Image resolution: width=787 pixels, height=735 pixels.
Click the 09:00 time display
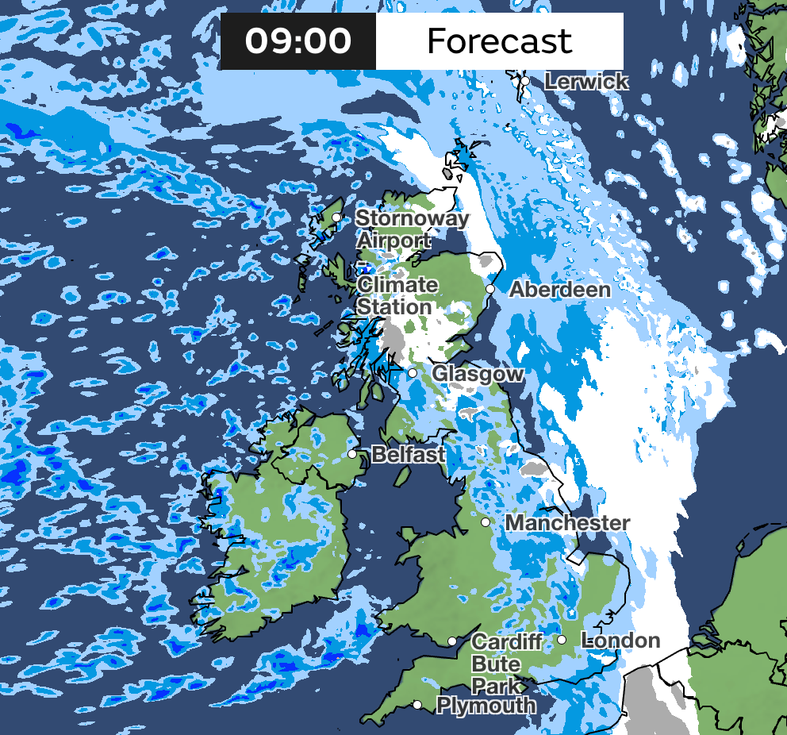298,40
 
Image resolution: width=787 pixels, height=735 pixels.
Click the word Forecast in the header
499,40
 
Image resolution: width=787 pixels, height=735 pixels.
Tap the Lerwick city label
587,81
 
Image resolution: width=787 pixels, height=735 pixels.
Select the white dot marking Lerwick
524,81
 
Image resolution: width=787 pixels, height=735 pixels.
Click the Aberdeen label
559,289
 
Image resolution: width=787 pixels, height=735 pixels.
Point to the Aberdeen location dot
490,289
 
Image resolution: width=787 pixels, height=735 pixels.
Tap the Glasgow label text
477,373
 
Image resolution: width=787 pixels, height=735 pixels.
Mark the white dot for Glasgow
413,373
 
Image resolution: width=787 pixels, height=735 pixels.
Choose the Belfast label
408,454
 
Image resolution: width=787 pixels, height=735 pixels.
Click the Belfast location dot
352,454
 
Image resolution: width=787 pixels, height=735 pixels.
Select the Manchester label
567,523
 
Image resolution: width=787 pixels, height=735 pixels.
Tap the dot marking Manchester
486,522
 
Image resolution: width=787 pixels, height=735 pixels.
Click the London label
620,640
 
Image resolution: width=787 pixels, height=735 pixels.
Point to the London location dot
561,640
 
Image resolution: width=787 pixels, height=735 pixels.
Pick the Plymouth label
486,705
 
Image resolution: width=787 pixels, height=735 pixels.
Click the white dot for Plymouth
417,705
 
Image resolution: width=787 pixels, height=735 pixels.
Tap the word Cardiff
506,641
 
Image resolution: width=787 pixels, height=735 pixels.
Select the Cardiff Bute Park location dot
451,641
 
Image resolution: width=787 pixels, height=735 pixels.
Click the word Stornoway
412,217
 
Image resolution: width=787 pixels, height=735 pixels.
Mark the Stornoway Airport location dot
336,217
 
